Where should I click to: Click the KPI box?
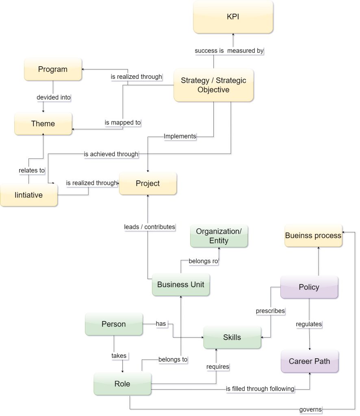[x=233, y=17]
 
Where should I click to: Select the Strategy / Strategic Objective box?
[x=213, y=85]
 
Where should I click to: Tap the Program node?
[x=53, y=69]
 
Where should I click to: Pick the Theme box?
[x=43, y=124]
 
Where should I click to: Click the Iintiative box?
[x=28, y=195]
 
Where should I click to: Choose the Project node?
[x=148, y=184]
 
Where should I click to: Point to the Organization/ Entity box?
[x=219, y=236]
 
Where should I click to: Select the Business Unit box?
[x=181, y=284]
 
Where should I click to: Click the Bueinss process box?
[x=313, y=236]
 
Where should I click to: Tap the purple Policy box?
[x=309, y=287]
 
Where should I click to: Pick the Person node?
[x=114, y=324]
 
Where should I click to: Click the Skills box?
[x=232, y=337]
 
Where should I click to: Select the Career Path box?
[x=309, y=361]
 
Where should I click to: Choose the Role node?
[x=122, y=384]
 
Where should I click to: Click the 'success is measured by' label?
[x=229, y=51]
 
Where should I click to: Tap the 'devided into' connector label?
[x=53, y=97]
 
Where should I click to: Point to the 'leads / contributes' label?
[x=150, y=227]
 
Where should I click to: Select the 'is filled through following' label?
[x=260, y=389]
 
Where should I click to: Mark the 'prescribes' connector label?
[x=270, y=311]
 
